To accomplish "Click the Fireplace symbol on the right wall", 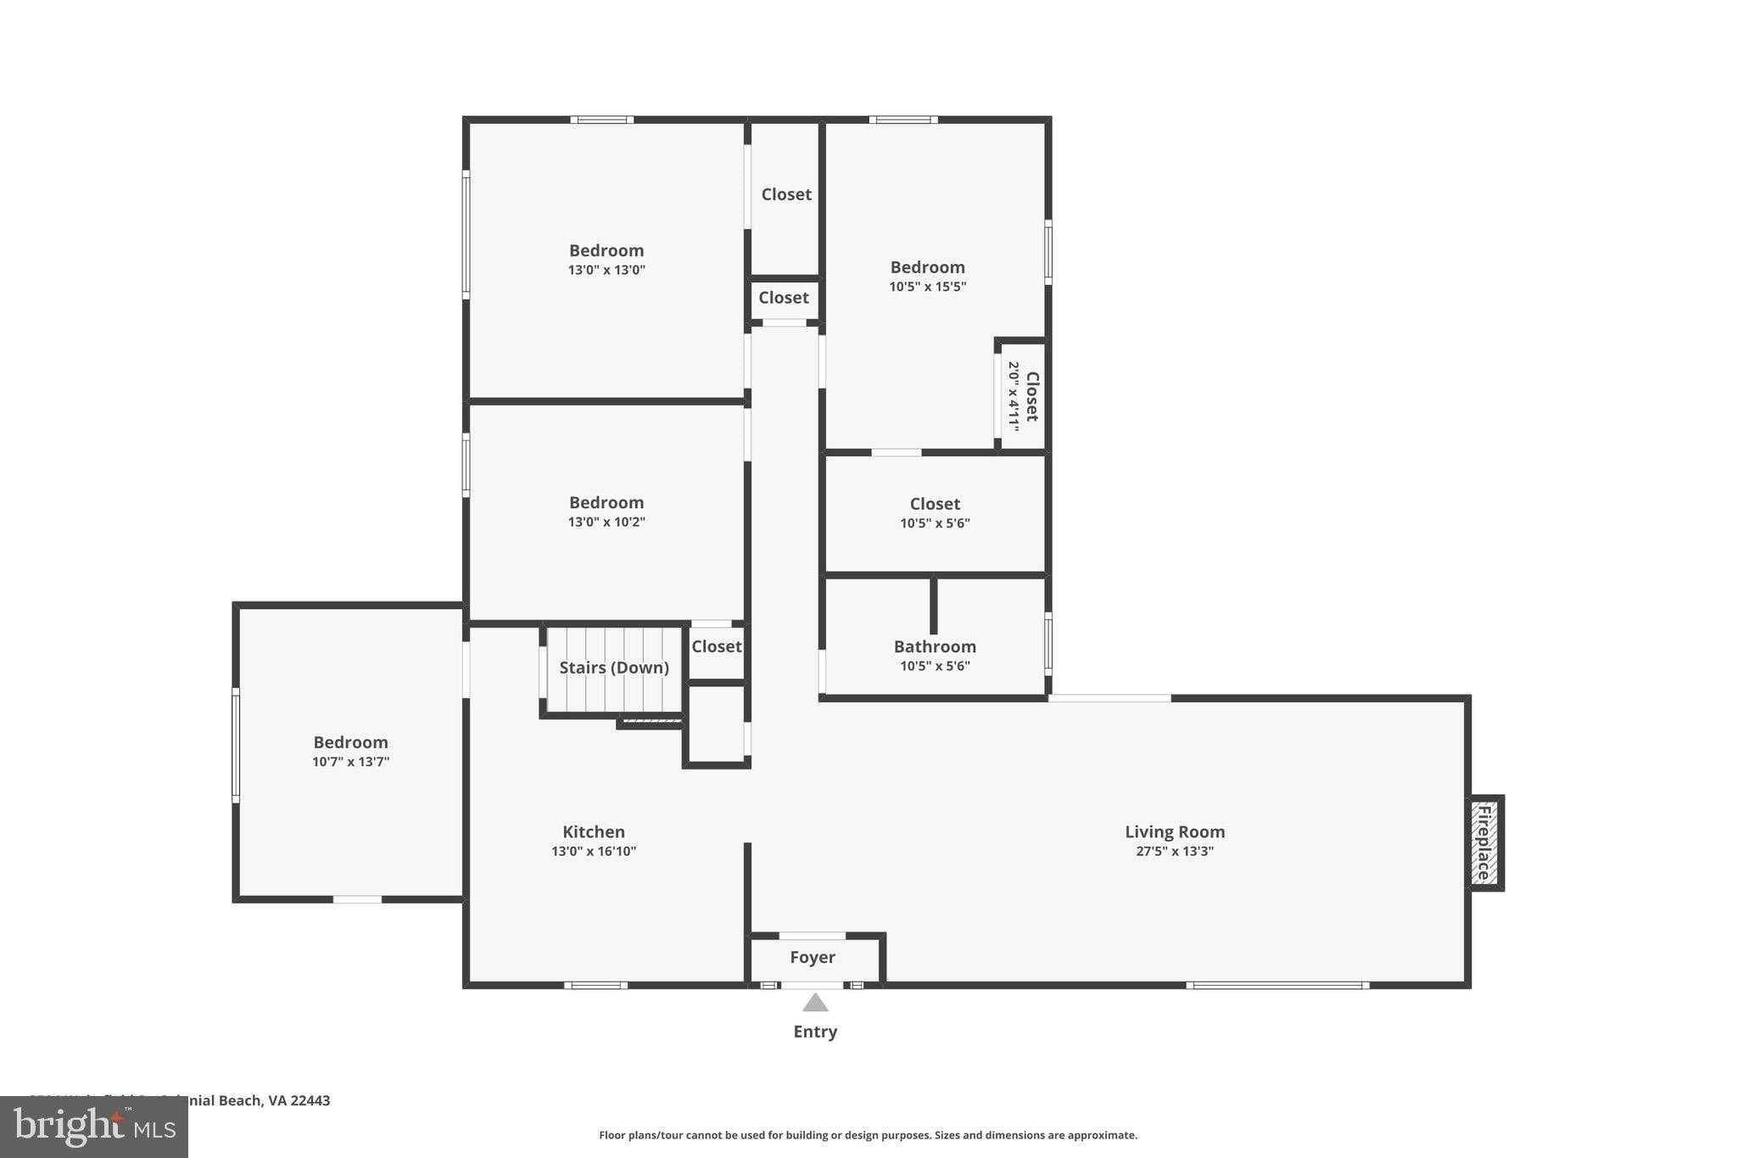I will pos(1484,842).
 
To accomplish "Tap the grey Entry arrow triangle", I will pos(815,1004).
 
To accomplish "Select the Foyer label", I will pos(813,957).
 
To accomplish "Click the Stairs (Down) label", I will pos(614,668).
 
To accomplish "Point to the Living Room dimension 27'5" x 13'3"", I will pos(1175,852).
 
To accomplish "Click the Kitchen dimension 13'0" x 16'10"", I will pos(594,852).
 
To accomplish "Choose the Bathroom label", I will pos(935,646).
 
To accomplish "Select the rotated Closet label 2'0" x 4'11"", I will pos(1023,396).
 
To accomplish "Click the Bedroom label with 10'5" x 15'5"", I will pos(927,267).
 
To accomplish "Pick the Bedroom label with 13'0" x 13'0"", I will pos(606,250).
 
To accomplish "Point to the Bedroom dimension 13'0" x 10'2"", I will pos(606,523).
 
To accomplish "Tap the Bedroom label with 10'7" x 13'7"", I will pos(350,742).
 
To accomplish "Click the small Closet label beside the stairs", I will pos(716,646).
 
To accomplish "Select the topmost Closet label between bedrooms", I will pos(786,194).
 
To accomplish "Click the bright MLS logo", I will pos(94,1127).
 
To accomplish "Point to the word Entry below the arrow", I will pos(815,1032).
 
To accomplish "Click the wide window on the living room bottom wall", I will pos(1276,985).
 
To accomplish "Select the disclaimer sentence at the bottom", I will pos(868,1135).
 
